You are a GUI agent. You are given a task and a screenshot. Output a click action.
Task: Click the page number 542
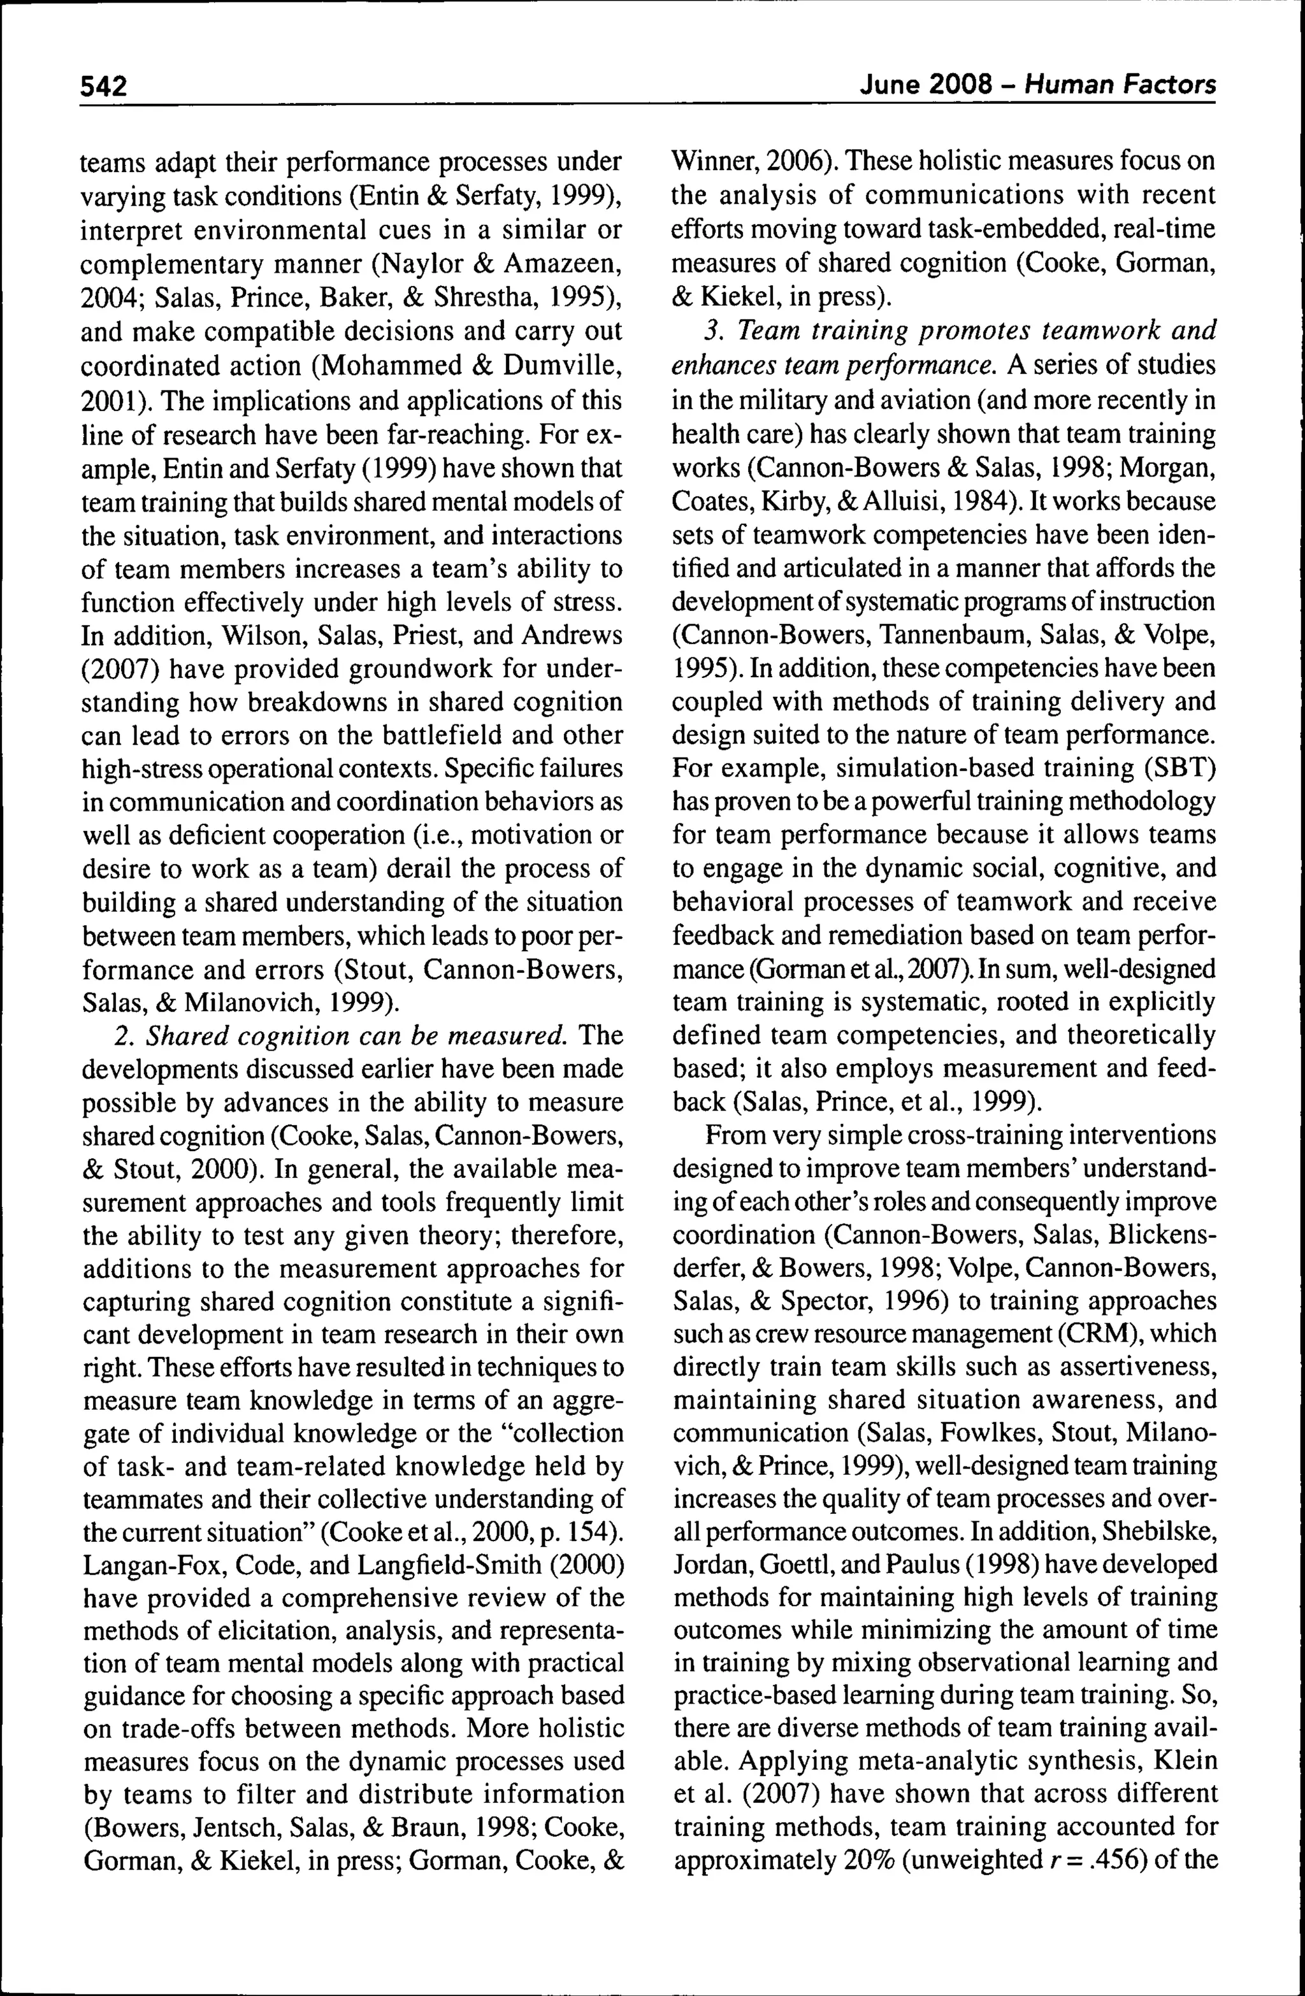[103, 85]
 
